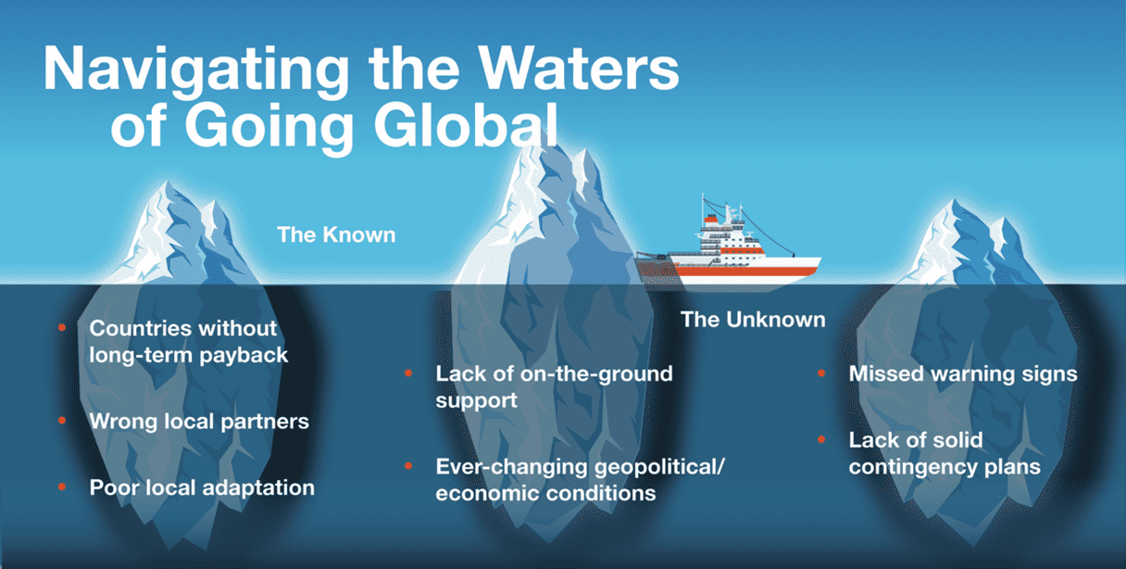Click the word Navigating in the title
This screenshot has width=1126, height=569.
click(x=196, y=70)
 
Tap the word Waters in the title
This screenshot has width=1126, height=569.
click(x=579, y=68)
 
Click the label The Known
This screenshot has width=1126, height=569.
click(x=336, y=235)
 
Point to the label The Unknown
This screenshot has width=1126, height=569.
click(x=753, y=320)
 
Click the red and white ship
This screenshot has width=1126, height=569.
click(x=729, y=247)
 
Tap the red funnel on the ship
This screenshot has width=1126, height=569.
click(x=711, y=219)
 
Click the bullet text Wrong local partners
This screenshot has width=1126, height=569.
click(x=199, y=421)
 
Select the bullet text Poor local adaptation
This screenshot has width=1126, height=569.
click(x=202, y=488)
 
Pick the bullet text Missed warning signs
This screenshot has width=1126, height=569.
click(x=963, y=373)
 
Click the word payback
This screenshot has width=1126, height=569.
click(x=244, y=356)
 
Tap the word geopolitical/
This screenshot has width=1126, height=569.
click(x=659, y=467)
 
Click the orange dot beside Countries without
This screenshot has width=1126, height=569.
click(x=62, y=328)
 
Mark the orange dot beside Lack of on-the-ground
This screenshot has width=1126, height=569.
click(x=408, y=373)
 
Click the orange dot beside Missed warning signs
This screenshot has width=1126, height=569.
click(x=821, y=373)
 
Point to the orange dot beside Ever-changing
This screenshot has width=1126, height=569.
click(x=408, y=466)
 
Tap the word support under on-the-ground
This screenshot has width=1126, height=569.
click(x=476, y=401)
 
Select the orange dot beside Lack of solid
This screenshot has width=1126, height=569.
click(x=821, y=439)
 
